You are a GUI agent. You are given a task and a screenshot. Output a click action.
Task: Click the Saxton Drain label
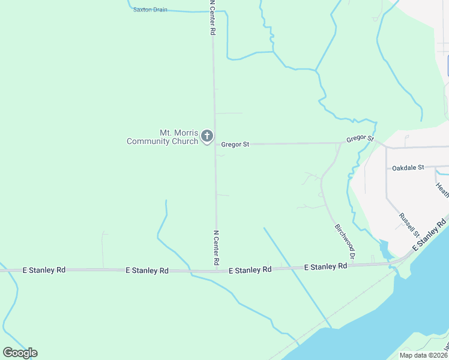[x=150, y=10]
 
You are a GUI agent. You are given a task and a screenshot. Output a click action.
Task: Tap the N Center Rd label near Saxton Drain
[x=212, y=18]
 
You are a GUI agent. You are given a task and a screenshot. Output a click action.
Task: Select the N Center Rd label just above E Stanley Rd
[x=216, y=248]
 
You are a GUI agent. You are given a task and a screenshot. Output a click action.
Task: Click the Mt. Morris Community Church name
[x=162, y=137]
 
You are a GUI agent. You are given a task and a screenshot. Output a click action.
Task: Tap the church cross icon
[x=206, y=136]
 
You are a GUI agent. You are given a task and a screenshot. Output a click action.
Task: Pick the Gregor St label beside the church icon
[x=235, y=145]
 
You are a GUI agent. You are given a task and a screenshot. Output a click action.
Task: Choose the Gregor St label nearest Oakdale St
[x=360, y=139]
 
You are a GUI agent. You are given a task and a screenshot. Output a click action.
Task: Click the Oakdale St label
[x=408, y=167]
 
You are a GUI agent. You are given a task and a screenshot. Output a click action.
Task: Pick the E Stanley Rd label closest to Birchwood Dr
[x=326, y=266]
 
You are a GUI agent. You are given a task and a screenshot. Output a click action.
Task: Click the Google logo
[x=20, y=353]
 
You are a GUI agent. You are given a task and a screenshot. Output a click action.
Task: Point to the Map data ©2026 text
[x=423, y=355]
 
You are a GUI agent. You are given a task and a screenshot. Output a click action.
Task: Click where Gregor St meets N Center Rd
[x=215, y=145]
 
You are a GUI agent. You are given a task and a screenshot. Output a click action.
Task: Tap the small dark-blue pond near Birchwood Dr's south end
[x=385, y=248]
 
